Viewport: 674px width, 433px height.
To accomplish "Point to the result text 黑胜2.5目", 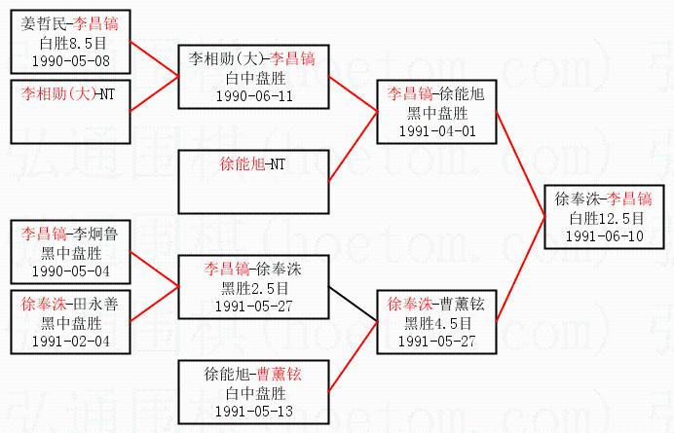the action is [x=253, y=288].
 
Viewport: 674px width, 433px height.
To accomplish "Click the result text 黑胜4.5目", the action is [x=436, y=323].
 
